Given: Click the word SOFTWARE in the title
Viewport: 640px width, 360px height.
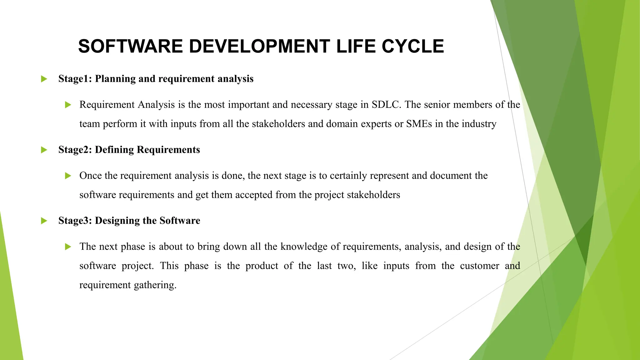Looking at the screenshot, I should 130,46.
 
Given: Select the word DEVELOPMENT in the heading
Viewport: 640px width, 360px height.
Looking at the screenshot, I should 259,46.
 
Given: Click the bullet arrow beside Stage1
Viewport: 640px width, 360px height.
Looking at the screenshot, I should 44,79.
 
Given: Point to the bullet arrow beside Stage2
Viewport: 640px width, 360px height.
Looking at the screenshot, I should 44,150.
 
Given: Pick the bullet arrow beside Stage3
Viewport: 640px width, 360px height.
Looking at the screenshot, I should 44,221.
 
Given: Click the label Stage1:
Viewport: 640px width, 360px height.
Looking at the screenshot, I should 75,79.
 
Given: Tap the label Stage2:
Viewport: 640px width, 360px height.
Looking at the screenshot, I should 75,150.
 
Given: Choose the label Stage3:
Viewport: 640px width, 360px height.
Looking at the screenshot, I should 75,221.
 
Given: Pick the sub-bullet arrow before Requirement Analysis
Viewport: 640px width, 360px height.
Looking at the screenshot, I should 68,105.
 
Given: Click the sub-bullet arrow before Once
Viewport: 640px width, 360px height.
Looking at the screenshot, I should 68,176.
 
